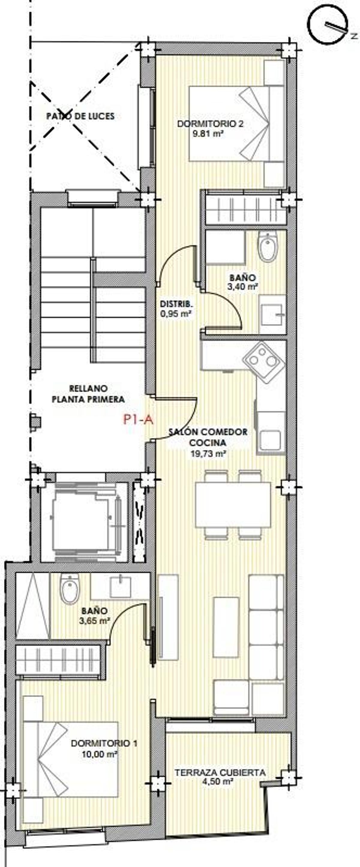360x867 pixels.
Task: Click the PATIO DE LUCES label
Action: [x=80, y=116]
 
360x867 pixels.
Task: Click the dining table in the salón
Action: [x=233, y=505]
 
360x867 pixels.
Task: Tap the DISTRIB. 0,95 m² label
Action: [x=176, y=309]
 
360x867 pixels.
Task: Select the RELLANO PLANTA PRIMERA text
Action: [x=88, y=394]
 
